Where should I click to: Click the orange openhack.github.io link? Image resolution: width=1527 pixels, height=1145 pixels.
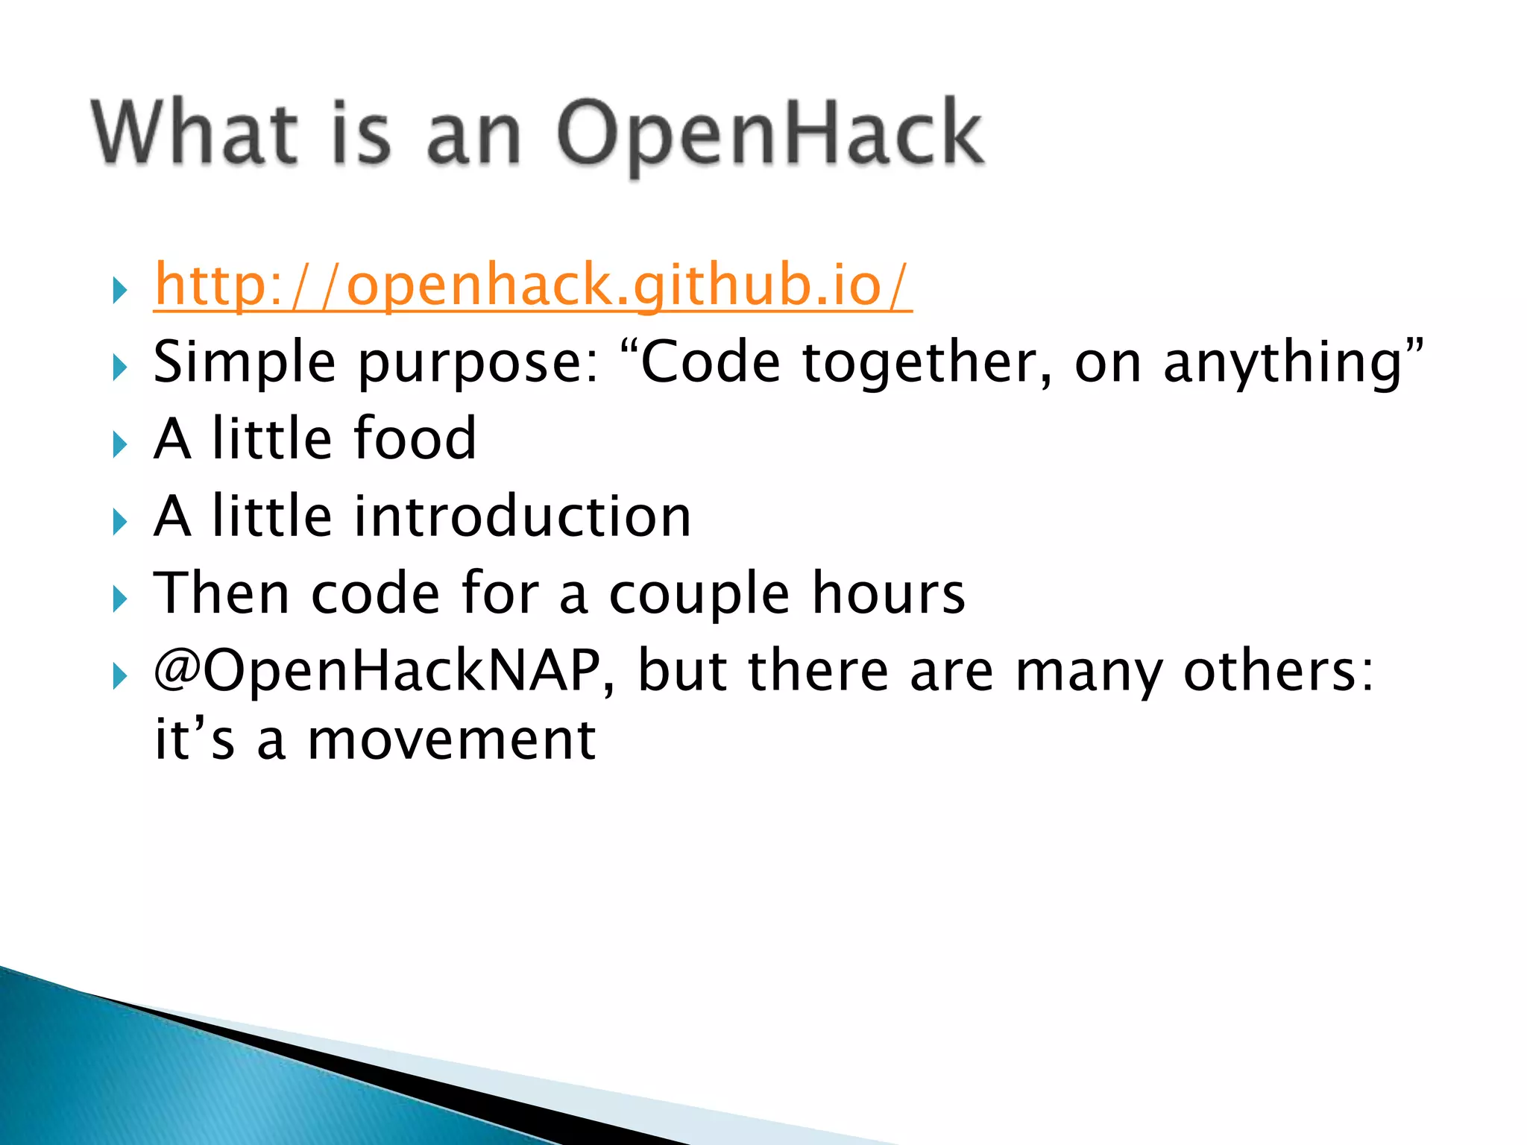(532, 286)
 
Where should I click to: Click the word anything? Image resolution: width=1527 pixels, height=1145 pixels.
(1284, 363)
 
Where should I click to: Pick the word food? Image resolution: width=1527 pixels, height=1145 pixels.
(415, 439)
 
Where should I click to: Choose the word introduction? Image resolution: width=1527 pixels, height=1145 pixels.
(522, 517)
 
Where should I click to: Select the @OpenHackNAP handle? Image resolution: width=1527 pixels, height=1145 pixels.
(377, 671)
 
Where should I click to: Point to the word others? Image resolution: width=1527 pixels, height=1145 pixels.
(1278, 671)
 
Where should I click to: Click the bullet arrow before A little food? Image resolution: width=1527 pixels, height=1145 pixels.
(119, 445)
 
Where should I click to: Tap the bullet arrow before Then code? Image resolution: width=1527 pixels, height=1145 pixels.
(119, 599)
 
